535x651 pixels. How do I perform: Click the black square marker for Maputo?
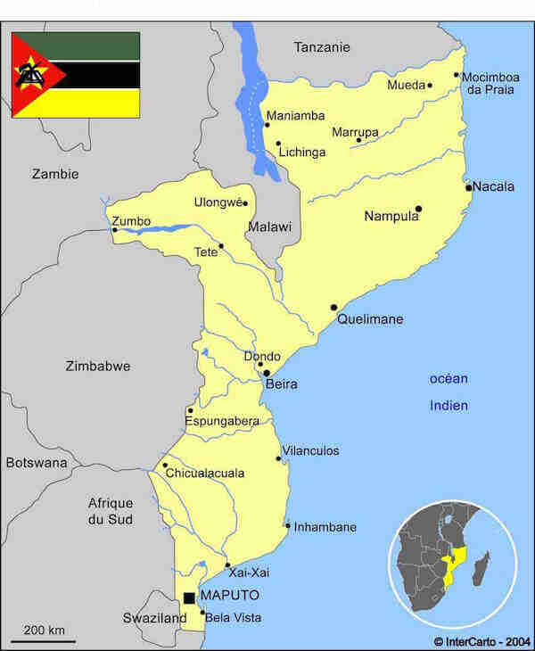pos(189,597)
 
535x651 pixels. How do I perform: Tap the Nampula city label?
pos(391,216)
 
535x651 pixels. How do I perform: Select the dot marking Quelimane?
pos(334,307)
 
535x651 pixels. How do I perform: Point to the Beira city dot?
pos(267,373)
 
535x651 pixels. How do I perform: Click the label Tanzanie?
pos(322,47)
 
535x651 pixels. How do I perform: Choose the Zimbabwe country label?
pos(98,366)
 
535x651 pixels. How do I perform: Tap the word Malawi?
pos(269,227)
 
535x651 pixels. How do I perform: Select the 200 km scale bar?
pos(43,639)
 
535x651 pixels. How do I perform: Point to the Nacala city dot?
pos(468,187)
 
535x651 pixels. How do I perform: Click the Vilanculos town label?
pos(310,451)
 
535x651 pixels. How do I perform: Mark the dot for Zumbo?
pos(114,230)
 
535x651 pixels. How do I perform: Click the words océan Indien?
pos(449,391)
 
